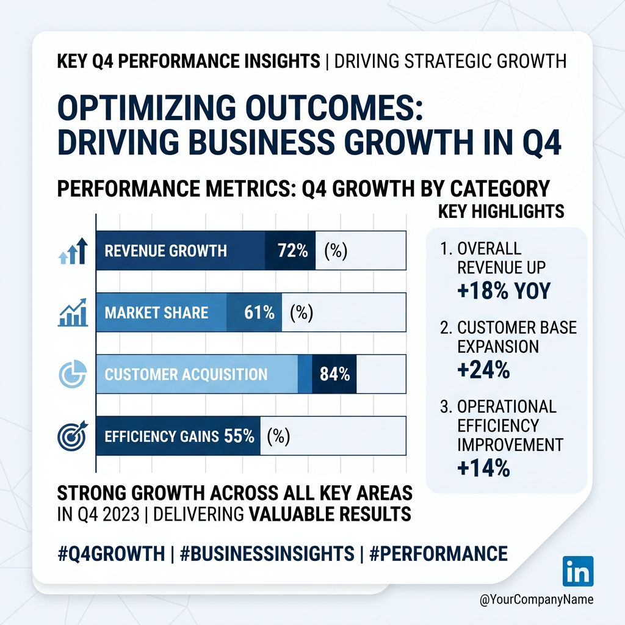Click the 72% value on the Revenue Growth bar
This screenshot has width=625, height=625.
pyautogui.click(x=292, y=251)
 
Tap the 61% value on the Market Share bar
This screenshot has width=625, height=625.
pyautogui.click(x=259, y=313)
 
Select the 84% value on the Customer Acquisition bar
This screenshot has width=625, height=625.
pyautogui.click(x=334, y=374)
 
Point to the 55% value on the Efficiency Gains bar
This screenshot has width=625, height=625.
pyautogui.click(x=239, y=436)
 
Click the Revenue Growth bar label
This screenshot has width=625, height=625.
pyautogui.click(x=165, y=251)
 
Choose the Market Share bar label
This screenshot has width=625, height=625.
pyautogui.click(x=156, y=313)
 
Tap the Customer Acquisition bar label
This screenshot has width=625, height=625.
pyautogui.click(x=186, y=374)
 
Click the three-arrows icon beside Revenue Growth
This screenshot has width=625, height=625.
pyautogui.click(x=73, y=251)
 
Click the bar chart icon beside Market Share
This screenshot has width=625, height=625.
pyautogui.click(x=73, y=313)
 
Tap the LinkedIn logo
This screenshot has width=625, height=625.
pyautogui.click(x=577, y=572)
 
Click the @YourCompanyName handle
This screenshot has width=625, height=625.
pyautogui.click(x=536, y=600)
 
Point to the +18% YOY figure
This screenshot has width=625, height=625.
pyautogui.click(x=504, y=291)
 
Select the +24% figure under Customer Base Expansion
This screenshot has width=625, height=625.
pyautogui.click(x=483, y=370)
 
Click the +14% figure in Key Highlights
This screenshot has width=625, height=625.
pyautogui.click(x=483, y=468)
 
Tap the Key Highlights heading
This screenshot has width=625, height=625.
pyautogui.click(x=500, y=212)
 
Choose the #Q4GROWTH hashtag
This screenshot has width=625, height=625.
pyautogui.click(x=110, y=554)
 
